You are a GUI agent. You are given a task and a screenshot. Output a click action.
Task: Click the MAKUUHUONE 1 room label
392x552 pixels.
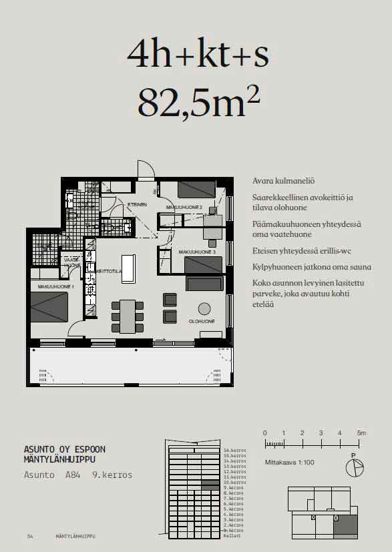tap(55, 286)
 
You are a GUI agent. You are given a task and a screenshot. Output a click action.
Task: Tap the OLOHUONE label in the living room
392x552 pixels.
tap(202, 322)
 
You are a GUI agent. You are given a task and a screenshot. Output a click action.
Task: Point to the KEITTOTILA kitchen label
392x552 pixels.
tap(107, 271)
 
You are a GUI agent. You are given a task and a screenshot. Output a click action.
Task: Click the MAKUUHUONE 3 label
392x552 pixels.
tap(197, 252)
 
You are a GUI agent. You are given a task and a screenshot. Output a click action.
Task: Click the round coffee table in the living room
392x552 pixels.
tap(204, 308)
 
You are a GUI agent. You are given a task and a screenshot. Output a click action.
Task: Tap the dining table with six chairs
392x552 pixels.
tap(127, 316)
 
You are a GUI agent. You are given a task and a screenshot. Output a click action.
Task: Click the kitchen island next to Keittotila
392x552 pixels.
tap(128, 268)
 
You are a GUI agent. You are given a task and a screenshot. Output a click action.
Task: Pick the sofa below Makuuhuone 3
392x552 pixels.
tap(204, 284)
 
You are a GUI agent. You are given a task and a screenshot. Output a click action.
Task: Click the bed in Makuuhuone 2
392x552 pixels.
tap(196, 190)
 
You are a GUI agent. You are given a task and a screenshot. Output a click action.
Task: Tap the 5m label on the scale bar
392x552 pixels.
tap(361, 433)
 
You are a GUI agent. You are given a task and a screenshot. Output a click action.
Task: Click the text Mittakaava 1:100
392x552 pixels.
tap(290, 461)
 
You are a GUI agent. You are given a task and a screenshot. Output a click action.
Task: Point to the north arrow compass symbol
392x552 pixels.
tap(355, 467)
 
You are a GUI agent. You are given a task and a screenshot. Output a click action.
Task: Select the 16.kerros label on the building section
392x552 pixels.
tap(235, 450)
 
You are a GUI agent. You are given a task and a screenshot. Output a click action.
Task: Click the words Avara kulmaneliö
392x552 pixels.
tap(284, 181)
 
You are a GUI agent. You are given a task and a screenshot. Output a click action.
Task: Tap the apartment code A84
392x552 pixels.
tap(73, 475)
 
